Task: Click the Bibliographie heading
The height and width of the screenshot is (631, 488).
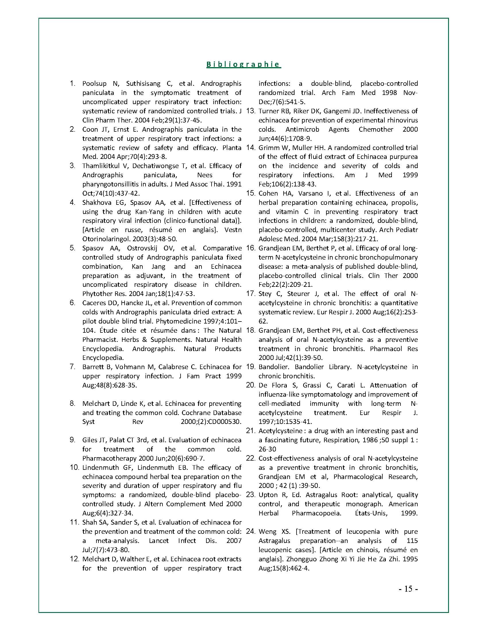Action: tap(243, 64)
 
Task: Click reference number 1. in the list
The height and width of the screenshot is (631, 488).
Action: tap(73, 83)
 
